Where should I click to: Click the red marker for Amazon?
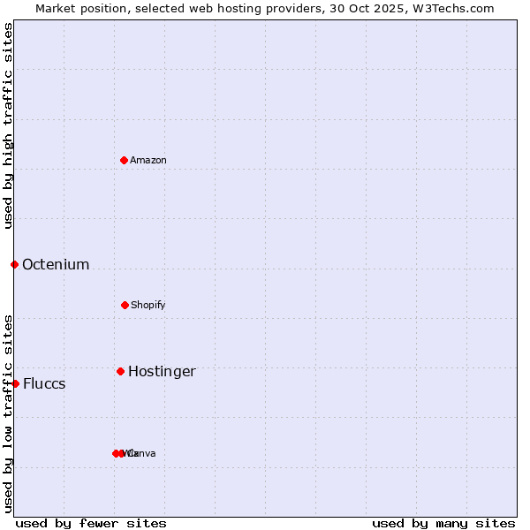[x=125, y=160]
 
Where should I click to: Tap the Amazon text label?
[x=148, y=160]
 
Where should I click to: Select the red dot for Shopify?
[x=125, y=305]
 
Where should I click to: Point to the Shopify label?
[x=148, y=305]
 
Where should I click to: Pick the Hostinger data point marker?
[x=120, y=371]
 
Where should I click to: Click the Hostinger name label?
[x=162, y=371]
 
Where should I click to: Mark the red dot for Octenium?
[x=14, y=264]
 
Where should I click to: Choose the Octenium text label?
[x=56, y=264]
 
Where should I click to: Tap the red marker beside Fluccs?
[x=15, y=383]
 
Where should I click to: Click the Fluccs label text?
[x=44, y=383]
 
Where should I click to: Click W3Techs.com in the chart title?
[x=456, y=8]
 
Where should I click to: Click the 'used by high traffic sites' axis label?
[x=8, y=125]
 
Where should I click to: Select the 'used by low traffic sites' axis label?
[x=8, y=413]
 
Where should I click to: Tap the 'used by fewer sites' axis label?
[x=91, y=523]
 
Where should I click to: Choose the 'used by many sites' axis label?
[x=443, y=523]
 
